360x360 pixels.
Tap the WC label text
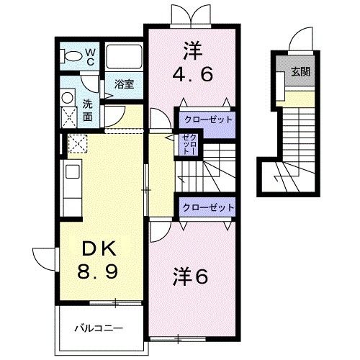91,55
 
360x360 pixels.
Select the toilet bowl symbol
73,56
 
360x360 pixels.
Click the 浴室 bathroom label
125,84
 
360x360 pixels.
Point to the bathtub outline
124,58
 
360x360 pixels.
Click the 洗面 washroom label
87,109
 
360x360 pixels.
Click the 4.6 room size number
192,75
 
